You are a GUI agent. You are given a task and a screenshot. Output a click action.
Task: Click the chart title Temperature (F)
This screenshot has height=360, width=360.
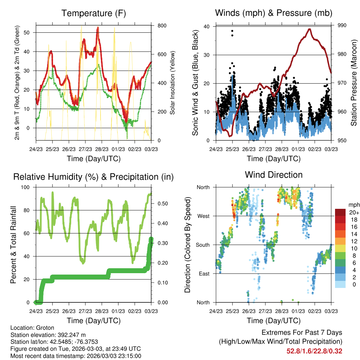[x=94, y=13]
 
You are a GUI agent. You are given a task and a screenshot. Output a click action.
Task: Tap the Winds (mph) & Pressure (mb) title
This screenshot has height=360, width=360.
[x=274, y=13]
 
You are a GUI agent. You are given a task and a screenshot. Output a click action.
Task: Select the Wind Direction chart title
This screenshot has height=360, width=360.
[x=274, y=175]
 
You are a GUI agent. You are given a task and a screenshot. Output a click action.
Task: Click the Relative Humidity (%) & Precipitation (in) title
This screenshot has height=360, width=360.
[x=94, y=177]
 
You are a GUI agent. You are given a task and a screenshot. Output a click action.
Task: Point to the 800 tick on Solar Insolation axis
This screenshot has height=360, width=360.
[x=162, y=25]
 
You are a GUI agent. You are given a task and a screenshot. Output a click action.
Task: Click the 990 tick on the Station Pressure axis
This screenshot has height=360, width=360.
[x=342, y=25]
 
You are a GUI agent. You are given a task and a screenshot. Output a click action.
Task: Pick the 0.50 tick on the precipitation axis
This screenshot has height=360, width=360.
[x=162, y=204]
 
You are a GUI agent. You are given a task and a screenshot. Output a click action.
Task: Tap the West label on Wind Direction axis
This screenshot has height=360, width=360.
[x=204, y=216]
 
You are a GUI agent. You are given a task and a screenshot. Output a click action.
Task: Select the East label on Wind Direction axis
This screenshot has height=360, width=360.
[x=204, y=274]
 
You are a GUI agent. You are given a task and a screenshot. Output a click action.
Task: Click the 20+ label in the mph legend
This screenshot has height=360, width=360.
[x=354, y=212]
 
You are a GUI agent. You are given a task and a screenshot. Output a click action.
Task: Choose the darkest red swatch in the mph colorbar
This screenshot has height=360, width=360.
[x=340, y=212]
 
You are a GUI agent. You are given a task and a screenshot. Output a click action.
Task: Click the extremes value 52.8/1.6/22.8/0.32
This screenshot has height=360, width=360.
[x=314, y=351]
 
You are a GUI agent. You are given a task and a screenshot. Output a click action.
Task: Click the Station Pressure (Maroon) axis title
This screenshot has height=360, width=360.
[x=354, y=83]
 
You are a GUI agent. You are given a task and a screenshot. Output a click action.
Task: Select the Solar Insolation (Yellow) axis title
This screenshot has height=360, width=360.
[x=172, y=83]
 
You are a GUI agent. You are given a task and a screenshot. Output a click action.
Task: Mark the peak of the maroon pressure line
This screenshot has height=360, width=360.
[x=310, y=29]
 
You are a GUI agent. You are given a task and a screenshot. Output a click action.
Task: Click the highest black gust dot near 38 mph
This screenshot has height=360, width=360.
[x=232, y=31]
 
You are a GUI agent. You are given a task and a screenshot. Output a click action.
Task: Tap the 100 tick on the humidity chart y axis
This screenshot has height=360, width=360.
[x=25, y=187]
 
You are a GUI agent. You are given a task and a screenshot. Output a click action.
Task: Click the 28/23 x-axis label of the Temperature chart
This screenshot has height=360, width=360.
[x=102, y=149]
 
